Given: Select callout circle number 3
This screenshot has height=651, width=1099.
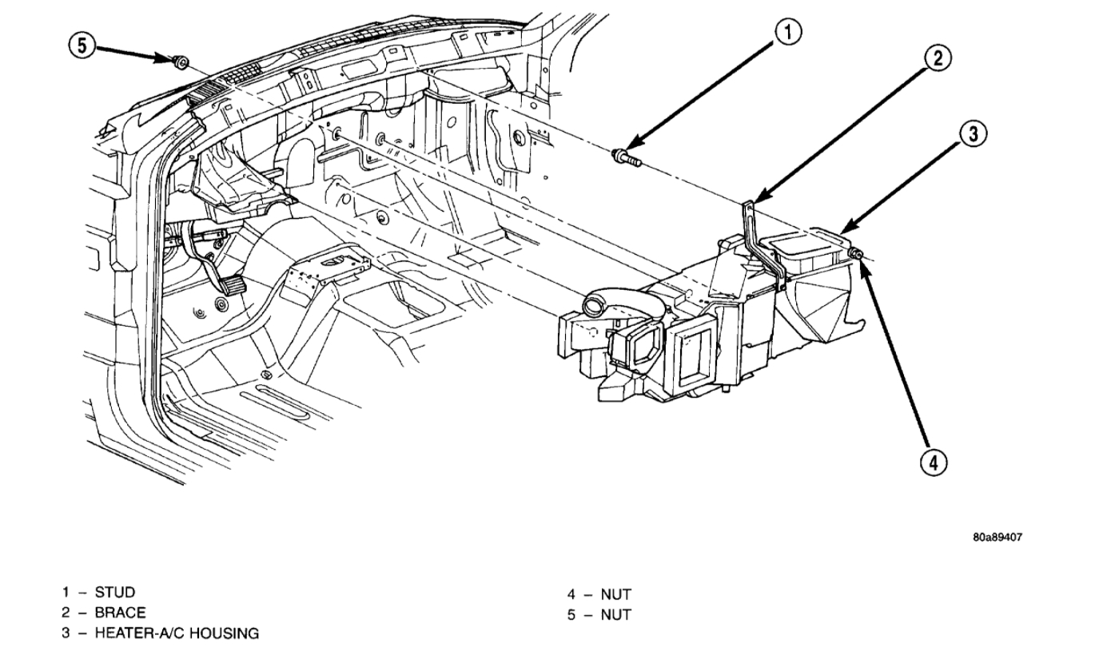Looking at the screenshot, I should [972, 134].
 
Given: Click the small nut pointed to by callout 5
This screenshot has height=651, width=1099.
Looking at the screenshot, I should [181, 60].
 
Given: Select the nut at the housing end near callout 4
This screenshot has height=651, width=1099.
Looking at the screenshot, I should [855, 254].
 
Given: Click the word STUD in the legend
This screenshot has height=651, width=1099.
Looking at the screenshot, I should [115, 592].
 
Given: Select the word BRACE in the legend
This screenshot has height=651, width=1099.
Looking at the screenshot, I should [120, 613].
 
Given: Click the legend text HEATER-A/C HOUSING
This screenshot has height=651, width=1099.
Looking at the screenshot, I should [177, 633].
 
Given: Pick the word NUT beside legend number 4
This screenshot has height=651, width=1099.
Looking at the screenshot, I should [615, 594].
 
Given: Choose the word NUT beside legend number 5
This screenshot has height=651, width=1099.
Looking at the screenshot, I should [615, 615].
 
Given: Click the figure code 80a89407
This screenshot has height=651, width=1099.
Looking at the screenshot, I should [997, 538].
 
